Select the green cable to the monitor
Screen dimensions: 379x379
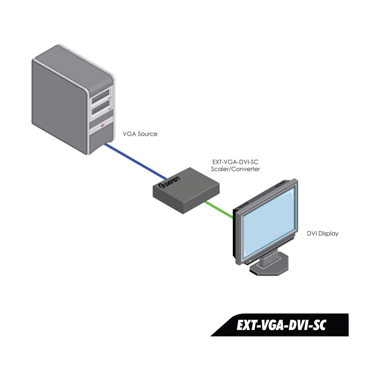pyautogui.click(x=219, y=210)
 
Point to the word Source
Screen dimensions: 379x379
pyautogui.click(x=147, y=134)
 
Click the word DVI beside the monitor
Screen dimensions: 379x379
pyautogui.click(x=312, y=234)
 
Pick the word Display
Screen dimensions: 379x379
pyautogui.click(x=329, y=234)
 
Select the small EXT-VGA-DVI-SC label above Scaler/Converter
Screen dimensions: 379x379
pyautogui.click(x=235, y=162)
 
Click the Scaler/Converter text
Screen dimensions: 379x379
pyautogui.click(x=235, y=169)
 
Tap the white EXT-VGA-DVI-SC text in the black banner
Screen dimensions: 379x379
pyautogui.click(x=281, y=325)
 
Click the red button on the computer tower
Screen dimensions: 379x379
pyautogui.click(x=102, y=126)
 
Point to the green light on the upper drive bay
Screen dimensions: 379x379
pyautogui.click(x=110, y=97)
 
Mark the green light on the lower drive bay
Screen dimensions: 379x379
pyautogui.click(x=110, y=109)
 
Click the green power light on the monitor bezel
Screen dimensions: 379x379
pyautogui.click(x=250, y=261)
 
